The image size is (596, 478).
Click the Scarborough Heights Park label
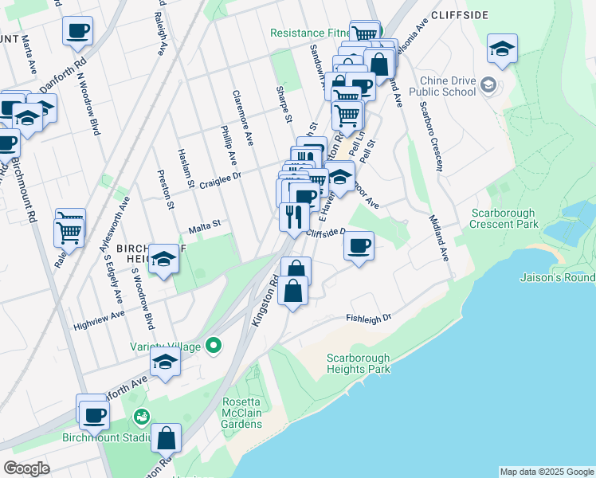pyautogui.click(x=358, y=363)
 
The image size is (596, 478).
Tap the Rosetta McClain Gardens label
pyautogui.click(x=242, y=407)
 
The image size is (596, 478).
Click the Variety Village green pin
pyautogui.click(x=213, y=346)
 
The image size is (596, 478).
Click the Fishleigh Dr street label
pyautogui.click(x=370, y=318)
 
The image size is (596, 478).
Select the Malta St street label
pyautogui.click(x=203, y=229)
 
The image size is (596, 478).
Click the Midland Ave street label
pyautogui.click(x=439, y=237)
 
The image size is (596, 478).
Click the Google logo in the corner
pyautogui.click(x=26, y=468)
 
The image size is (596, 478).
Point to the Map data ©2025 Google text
pyautogui.click(x=547, y=472)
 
